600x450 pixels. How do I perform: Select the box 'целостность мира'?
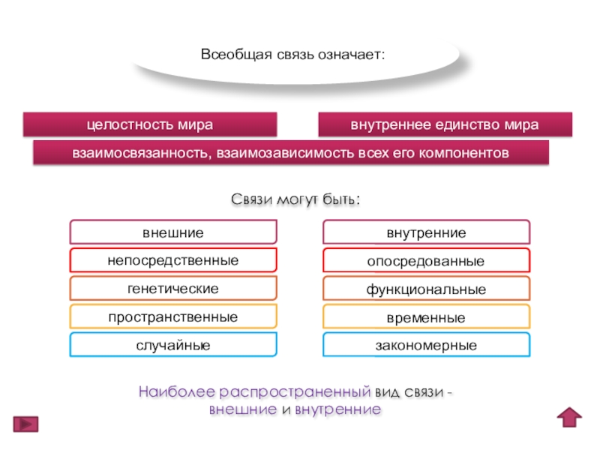[150, 124]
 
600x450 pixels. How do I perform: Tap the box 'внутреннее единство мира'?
[445, 124]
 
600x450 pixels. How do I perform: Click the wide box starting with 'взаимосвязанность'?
[290, 152]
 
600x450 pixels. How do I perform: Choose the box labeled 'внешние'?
[173, 232]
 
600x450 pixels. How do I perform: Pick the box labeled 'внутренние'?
[426, 232]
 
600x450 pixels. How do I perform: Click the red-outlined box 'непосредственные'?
[173, 260]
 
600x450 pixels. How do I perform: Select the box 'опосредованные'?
[426, 261]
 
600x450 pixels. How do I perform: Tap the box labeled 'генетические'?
[173, 289]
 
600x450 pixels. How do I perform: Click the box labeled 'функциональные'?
[426, 289]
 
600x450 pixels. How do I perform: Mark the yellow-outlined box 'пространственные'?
[173, 317]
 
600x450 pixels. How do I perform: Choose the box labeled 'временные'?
[426, 317]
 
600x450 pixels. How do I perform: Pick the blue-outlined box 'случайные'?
[173, 345]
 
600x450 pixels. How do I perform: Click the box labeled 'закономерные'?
[426, 345]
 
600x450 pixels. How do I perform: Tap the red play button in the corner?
[25, 423]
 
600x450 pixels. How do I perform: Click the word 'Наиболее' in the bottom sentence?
[166, 392]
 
